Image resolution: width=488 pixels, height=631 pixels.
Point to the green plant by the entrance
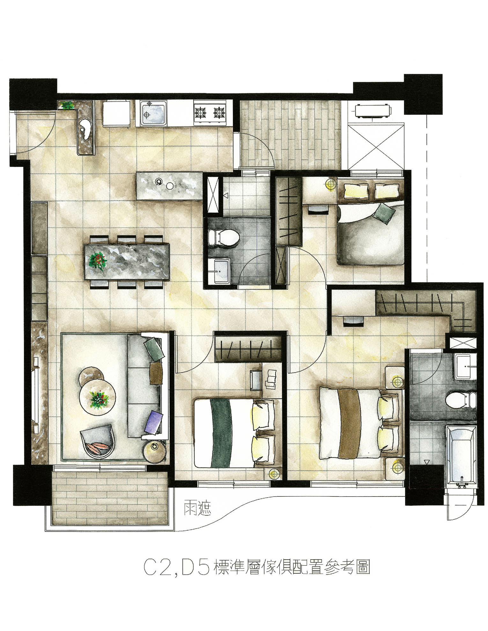(x=68, y=105)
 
